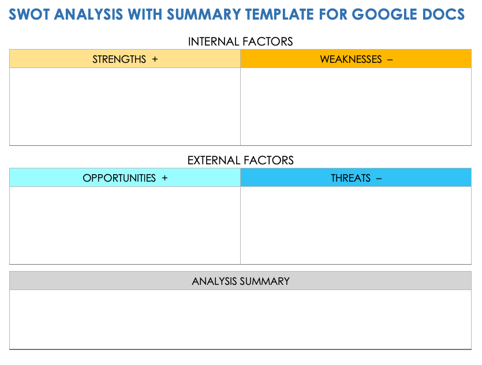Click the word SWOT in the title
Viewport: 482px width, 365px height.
(x=29, y=14)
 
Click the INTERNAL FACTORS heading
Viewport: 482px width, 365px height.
(x=240, y=42)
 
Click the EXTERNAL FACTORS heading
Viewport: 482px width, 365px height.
(x=240, y=160)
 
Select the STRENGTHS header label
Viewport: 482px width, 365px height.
(x=119, y=59)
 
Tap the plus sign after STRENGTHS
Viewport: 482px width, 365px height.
(x=155, y=59)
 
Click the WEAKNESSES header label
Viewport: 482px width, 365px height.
(x=350, y=59)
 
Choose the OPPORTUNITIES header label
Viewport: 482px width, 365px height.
(x=119, y=178)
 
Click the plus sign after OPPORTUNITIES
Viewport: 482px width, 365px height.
(x=165, y=178)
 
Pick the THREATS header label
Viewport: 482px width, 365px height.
(x=350, y=178)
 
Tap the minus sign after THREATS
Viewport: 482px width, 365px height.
(x=379, y=178)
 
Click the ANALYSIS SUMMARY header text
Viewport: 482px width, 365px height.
(x=240, y=281)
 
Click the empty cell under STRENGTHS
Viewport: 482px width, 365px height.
(x=125, y=107)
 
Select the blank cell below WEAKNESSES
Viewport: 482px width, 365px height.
(x=356, y=107)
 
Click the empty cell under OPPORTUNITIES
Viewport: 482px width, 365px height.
(x=125, y=225)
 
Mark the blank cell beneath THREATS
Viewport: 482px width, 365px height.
(x=356, y=225)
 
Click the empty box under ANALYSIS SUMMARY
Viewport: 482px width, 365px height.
(x=240, y=319)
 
